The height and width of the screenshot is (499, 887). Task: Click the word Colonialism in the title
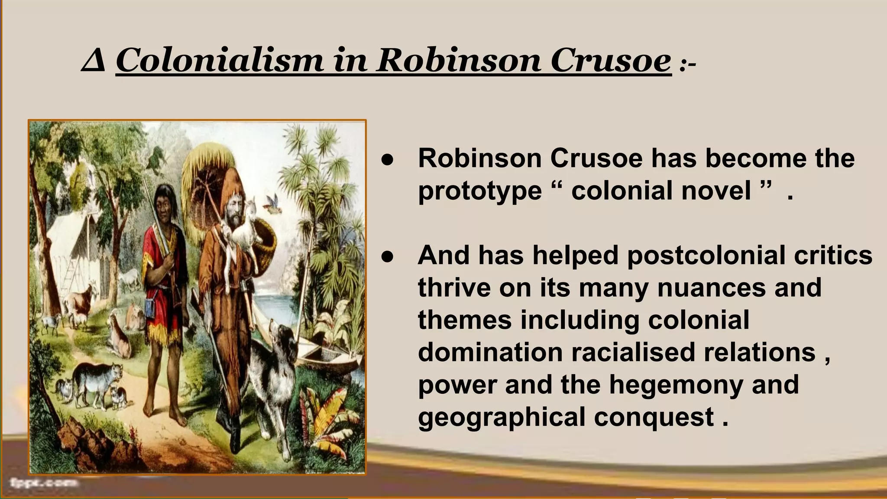[219, 61]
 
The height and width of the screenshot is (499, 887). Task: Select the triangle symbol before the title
[93, 62]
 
